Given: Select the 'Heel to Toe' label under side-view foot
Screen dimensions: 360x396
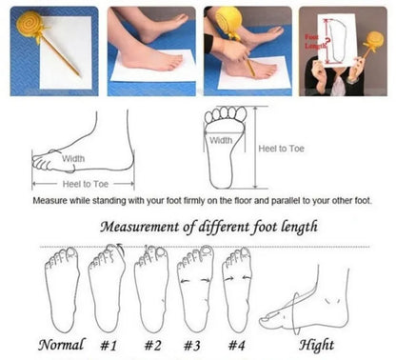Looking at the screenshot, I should pos(85,183).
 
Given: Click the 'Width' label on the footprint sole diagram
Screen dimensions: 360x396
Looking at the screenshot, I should pos(220,139).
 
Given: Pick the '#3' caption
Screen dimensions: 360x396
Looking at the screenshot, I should pos(194,344).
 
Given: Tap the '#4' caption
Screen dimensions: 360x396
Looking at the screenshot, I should pos(238,344).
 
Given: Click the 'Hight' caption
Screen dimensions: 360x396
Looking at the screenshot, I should pos(318,344).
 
